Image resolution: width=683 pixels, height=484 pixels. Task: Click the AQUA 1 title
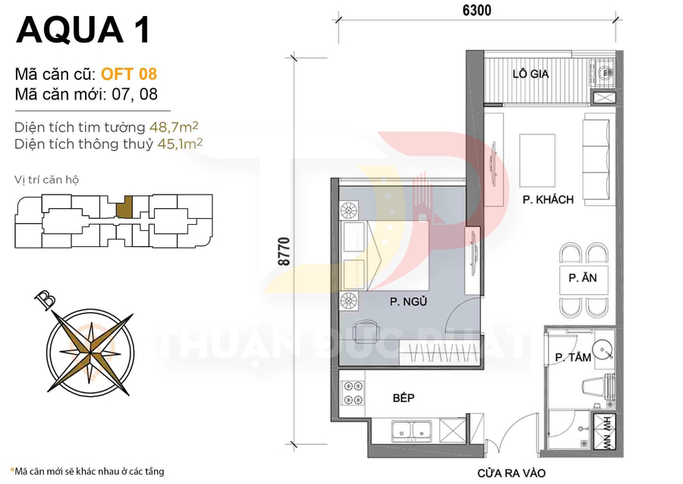click(x=83, y=30)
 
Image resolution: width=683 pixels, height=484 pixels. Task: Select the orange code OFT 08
click(x=128, y=74)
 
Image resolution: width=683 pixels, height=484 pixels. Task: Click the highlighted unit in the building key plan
click(x=128, y=205)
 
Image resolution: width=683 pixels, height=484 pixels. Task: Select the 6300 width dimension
click(x=475, y=11)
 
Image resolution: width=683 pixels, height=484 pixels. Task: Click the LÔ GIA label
click(x=530, y=74)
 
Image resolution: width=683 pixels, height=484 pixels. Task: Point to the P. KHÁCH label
click(x=547, y=200)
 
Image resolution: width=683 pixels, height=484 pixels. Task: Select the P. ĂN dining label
click(x=582, y=278)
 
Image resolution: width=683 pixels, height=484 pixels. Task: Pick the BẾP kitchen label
click(x=403, y=397)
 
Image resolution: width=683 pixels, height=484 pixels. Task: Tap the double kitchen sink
click(x=410, y=431)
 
